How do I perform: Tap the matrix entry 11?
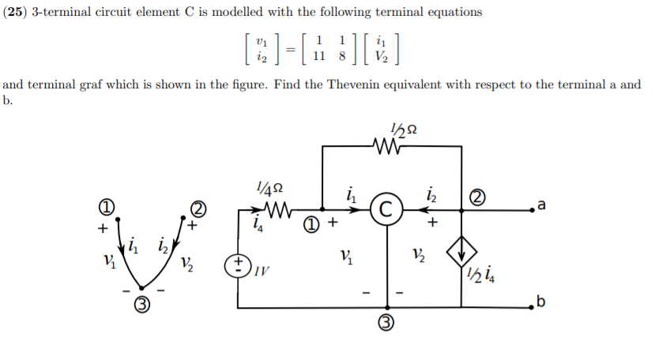click(319, 56)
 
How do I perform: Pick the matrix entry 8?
click(341, 56)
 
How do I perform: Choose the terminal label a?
click(540, 206)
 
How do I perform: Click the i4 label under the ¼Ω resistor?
click(256, 226)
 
